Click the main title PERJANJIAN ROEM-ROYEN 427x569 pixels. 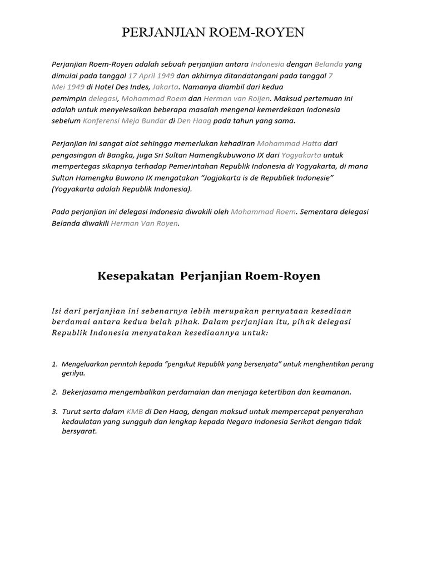coord(213,33)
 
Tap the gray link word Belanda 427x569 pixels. coord(329,64)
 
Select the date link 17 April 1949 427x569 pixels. coord(151,76)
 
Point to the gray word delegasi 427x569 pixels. coord(103,98)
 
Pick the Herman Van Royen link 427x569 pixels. coord(145,223)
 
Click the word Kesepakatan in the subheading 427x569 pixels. coord(128,276)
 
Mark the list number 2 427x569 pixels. coord(54,392)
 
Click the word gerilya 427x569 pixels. coord(72,373)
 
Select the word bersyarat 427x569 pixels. coord(79,431)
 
